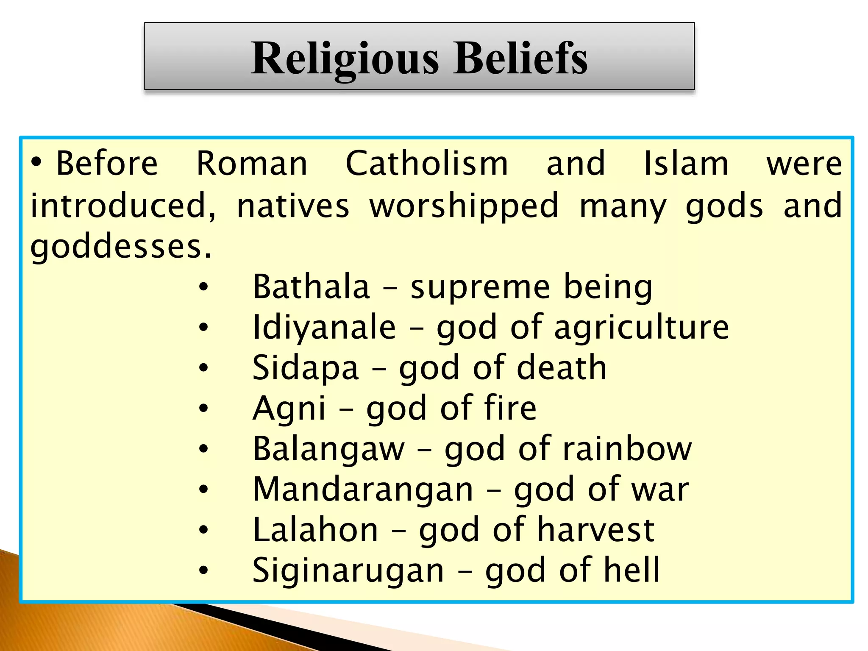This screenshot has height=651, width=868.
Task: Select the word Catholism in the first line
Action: coord(426,164)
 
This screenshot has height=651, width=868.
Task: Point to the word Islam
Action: coord(686,164)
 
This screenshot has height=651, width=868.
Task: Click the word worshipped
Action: coord(464,206)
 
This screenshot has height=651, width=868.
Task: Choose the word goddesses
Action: coord(120,247)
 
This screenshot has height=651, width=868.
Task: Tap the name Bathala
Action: coord(311,287)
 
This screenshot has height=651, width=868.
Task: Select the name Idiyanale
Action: coord(324,328)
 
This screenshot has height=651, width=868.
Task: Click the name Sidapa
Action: coord(306,368)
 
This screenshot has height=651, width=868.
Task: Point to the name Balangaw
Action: coord(329,449)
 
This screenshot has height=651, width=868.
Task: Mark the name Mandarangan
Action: coord(363,490)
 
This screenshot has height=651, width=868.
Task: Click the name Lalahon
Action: coord(315,530)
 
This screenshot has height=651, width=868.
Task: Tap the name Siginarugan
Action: coord(348,570)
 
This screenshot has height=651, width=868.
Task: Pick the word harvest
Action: coord(596,530)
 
